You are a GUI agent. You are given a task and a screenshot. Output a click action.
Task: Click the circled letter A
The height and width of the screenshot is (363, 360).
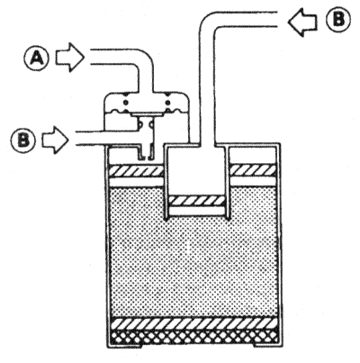(x=36, y=59)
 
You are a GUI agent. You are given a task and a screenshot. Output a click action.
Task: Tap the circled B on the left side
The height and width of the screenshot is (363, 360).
(x=22, y=140)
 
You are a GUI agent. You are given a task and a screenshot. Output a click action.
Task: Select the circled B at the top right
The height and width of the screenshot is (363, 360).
(x=338, y=20)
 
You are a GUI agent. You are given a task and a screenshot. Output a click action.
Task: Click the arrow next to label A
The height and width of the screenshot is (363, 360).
(x=68, y=57)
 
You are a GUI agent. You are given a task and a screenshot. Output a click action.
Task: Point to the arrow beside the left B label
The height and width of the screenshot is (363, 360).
(x=55, y=140)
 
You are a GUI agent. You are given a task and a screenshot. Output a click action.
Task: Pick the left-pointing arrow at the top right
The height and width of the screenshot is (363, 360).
(x=302, y=22)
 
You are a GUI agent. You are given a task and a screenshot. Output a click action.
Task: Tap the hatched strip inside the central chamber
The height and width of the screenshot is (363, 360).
(x=197, y=201)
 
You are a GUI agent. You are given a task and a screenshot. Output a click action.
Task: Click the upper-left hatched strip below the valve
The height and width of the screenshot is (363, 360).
(x=137, y=170)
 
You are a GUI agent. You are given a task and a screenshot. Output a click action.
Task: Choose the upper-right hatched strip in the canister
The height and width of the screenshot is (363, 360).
(x=254, y=170)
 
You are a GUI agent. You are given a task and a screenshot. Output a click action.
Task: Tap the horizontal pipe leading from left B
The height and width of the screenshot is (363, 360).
(x=105, y=138)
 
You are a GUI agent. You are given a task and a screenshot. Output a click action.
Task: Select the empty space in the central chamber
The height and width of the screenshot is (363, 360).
(x=197, y=171)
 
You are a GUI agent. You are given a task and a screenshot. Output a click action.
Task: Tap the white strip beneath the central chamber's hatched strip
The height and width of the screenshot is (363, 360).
(x=197, y=211)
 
